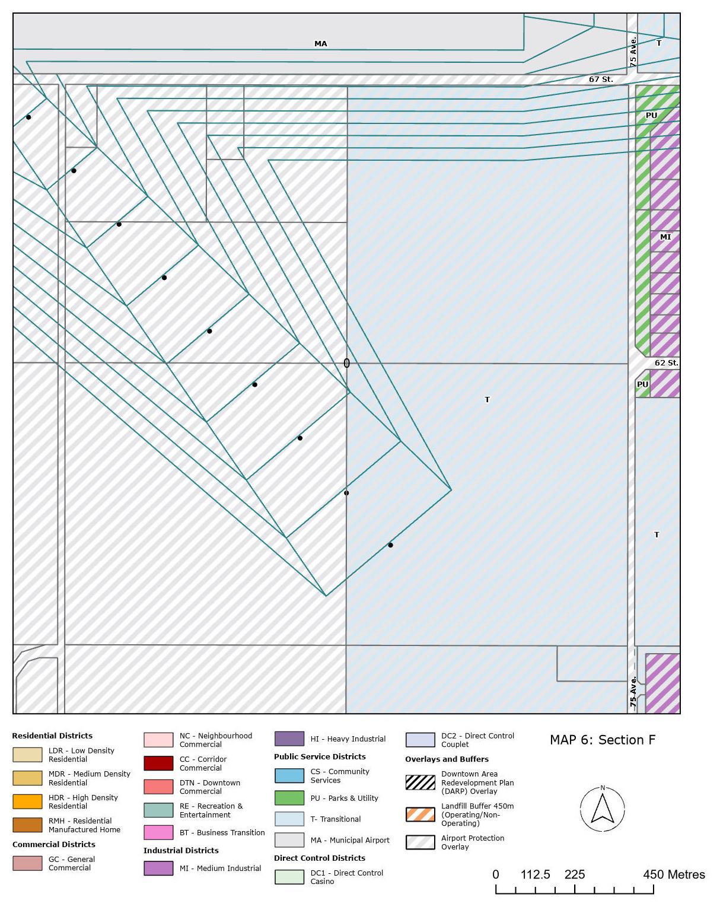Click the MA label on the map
click(x=320, y=44)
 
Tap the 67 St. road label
click(x=600, y=79)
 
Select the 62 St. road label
click(x=666, y=363)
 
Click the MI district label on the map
click(x=665, y=237)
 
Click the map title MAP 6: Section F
click(x=603, y=740)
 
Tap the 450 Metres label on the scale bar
click(x=674, y=874)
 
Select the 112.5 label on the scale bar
click(x=535, y=874)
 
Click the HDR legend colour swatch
click(x=27, y=801)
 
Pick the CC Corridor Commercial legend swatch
click(x=158, y=763)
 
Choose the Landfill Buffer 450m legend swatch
click(x=420, y=814)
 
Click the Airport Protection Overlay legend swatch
click(x=420, y=842)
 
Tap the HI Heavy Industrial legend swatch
click(x=289, y=739)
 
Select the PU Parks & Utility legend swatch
click(x=289, y=798)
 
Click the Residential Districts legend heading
click(x=52, y=736)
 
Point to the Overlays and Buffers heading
click(x=447, y=759)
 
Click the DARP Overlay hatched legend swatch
click(x=420, y=782)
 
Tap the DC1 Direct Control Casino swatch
click(x=289, y=877)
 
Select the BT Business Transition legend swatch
click(x=158, y=832)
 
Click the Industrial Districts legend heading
click(x=181, y=850)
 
